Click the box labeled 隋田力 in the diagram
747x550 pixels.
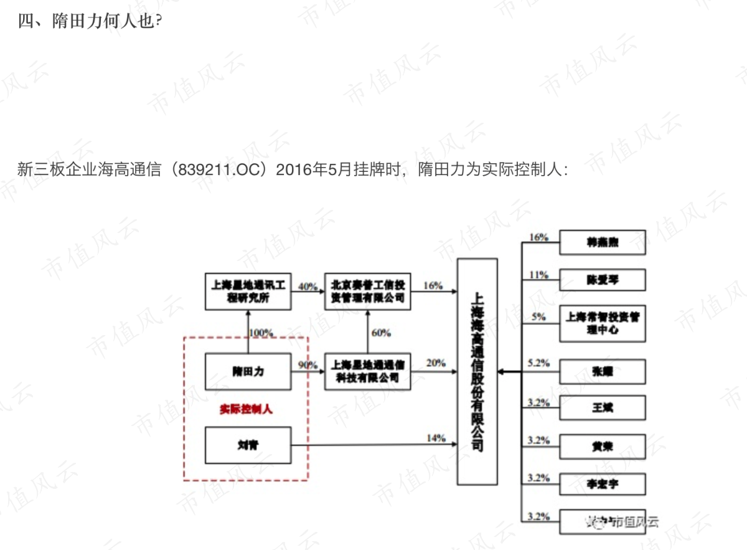coord(248,371)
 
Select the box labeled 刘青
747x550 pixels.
coord(248,445)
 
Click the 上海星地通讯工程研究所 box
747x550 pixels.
coord(248,292)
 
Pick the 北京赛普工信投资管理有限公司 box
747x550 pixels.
coord(367,292)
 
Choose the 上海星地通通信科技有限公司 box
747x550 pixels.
coord(367,371)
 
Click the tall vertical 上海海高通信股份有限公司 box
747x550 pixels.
coord(477,371)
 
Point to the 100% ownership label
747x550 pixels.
coord(261,332)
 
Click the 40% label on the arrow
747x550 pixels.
coord(308,287)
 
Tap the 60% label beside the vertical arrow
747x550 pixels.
coord(381,333)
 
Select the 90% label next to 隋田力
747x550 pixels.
coord(308,365)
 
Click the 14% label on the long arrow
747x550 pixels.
coord(436,438)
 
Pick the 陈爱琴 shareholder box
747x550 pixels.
coord(602,280)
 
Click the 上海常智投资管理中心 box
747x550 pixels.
coord(602,323)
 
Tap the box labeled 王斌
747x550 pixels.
coord(602,409)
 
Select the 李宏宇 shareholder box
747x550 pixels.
coord(602,484)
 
